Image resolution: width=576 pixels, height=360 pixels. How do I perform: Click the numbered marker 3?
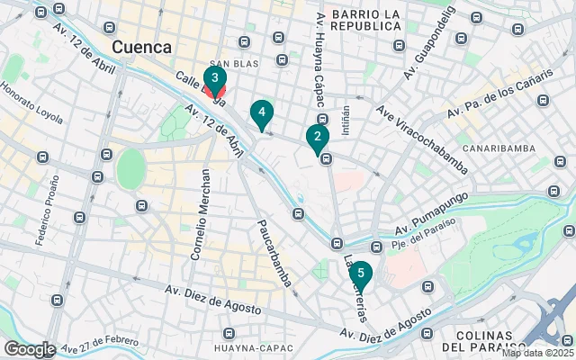coord(214,78)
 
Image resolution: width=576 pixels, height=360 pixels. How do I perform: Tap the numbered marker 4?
coord(261,112)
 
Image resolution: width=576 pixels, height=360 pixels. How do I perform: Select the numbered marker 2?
coord(317,137)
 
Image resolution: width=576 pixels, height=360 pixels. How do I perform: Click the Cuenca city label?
coord(141,46)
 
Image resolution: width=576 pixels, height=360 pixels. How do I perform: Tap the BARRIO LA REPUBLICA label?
coord(364,20)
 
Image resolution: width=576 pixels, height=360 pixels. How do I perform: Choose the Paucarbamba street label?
coord(274,253)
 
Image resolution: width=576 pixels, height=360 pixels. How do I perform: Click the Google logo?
coord(30,348)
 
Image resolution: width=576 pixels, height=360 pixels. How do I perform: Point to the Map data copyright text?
coord(537,354)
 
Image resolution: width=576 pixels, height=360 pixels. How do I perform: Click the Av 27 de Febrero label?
coord(98,343)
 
